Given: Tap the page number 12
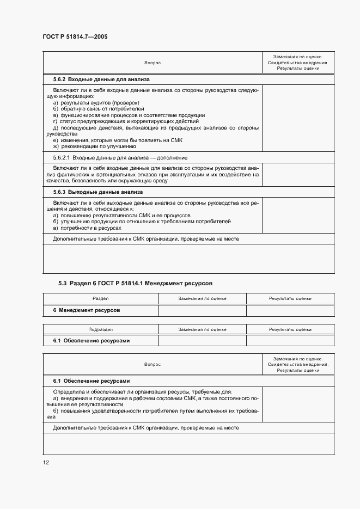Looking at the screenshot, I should (46, 462).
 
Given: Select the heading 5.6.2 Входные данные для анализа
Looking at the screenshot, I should (90, 79).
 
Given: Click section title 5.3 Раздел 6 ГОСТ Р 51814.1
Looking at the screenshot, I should (135, 283).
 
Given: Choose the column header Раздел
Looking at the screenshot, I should (100, 298).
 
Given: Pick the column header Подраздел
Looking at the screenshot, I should (100, 329).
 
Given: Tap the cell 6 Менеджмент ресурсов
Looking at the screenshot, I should (86, 310).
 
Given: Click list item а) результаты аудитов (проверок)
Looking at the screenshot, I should (96, 103).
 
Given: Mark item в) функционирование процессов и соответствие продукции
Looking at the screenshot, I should (129, 115).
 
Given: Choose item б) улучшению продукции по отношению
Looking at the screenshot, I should (142, 222).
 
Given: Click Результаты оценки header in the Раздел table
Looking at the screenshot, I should (290, 298).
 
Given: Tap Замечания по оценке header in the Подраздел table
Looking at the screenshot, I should (202, 329).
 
